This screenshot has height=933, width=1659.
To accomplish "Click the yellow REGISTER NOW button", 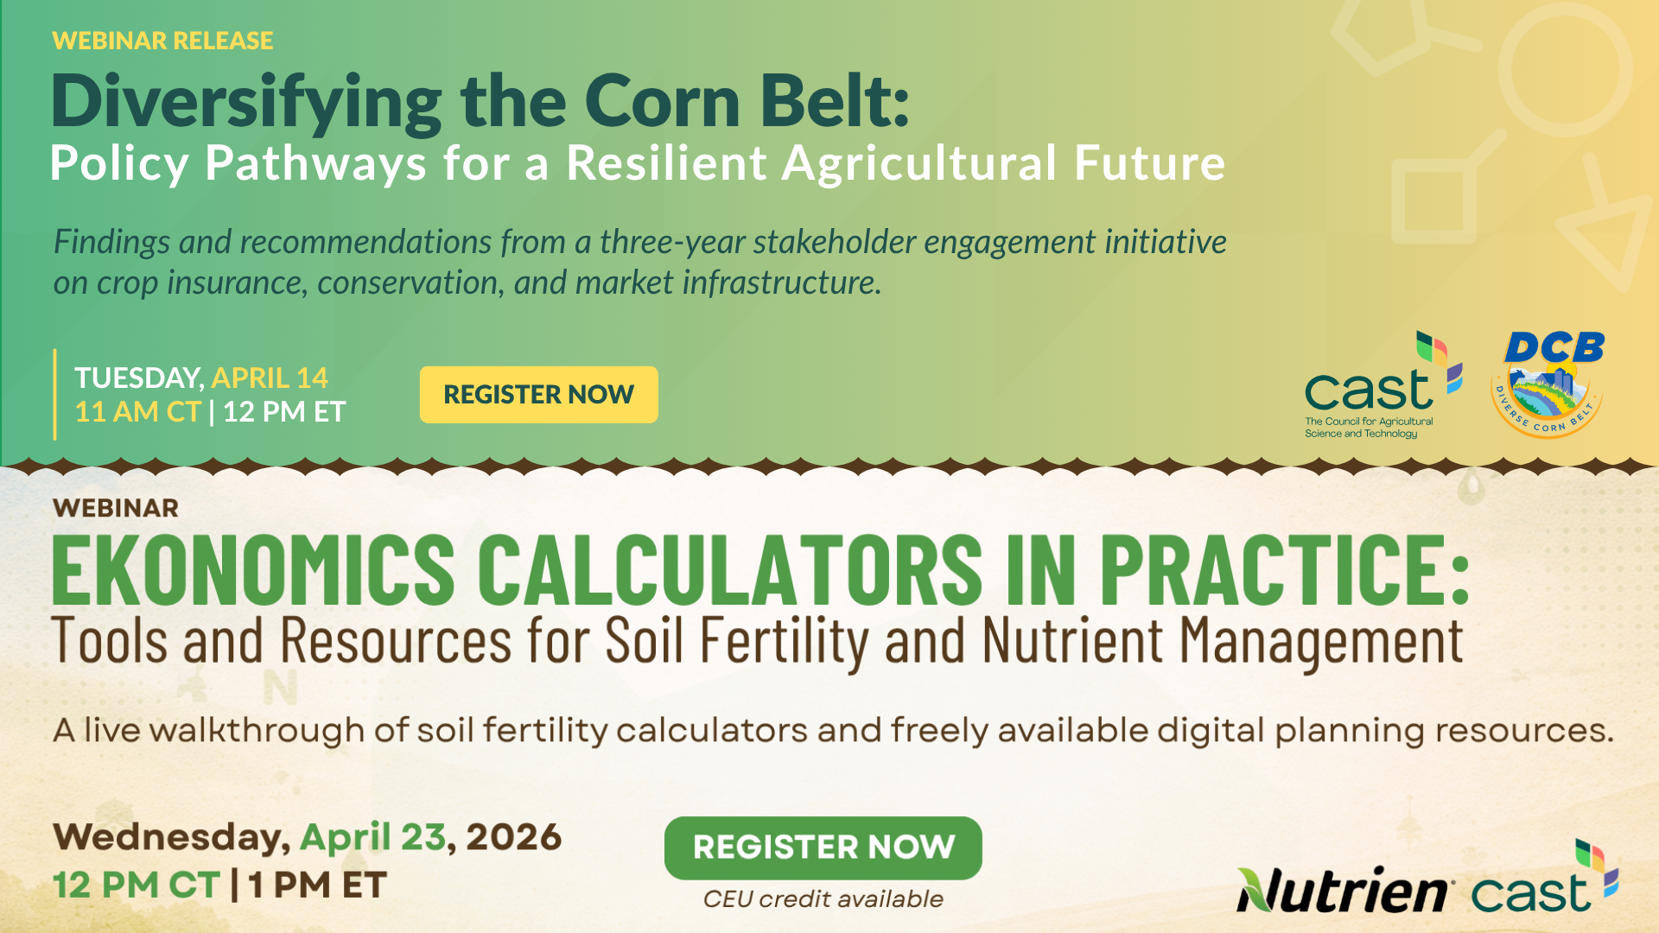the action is click(x=538, y=395).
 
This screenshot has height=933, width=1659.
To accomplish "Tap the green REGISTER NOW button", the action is click(x=823, y=847).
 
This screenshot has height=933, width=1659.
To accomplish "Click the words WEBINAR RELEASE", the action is click(x=162, y=41).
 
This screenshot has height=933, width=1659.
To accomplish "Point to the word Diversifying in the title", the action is click(x=246, y=102).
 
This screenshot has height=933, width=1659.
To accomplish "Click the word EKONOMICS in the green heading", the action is click(x=253, y=569).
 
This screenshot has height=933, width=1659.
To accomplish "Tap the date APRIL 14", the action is click(x=270, y=378).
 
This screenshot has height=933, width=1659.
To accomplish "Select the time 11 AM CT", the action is click(x=137, y=411).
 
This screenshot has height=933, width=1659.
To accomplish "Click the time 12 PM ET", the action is click(x=284, y=411).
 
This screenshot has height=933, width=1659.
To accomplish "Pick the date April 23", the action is click(x=373, y=837).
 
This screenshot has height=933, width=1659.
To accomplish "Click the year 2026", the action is click(x=513, y=837).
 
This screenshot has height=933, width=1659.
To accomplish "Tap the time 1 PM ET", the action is click(x=317, y=885).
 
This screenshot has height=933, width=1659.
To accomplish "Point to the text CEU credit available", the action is click(x=823, y=899).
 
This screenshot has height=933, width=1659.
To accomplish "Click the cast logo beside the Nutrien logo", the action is click(x=1545, y=877).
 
